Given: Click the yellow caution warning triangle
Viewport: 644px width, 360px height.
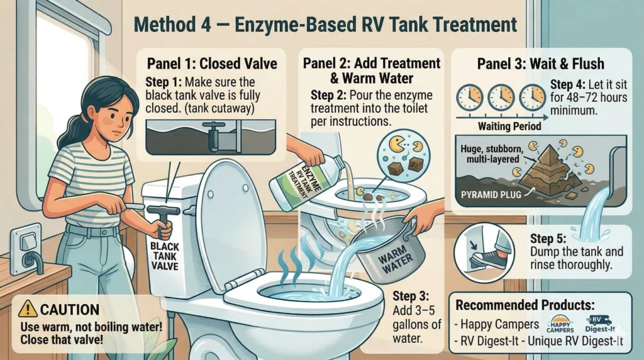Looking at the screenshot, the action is [x=28, y=308].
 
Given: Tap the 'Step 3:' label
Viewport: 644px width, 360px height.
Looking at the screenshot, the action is [x=411, y=296].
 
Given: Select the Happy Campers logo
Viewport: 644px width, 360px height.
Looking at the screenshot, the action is [x=560, y=324].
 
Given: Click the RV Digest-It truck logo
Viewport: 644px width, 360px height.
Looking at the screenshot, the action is [x=600, y=324].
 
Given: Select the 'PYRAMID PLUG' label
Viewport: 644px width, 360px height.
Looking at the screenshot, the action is [x=491, y=194].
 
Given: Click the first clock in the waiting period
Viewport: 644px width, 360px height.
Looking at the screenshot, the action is [x=469, y=98].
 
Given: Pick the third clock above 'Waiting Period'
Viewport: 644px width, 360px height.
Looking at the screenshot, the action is [x=532, y=98].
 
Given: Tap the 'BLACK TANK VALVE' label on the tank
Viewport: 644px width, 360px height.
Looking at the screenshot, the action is [x=165, y=256].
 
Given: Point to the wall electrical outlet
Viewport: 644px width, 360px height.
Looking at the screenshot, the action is [x=26, y=248].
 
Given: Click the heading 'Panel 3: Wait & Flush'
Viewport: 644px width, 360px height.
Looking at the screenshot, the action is [x=540, y=64].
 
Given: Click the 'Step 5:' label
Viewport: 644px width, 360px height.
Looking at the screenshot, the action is [x=548, y=239].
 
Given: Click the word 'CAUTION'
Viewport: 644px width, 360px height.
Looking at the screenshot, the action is [x=70, y=309].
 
